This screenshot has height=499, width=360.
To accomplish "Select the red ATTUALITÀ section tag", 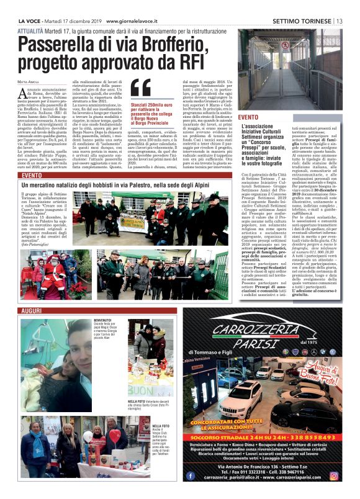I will (30, 30).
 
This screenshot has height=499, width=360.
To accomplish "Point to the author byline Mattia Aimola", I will (29, 82).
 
